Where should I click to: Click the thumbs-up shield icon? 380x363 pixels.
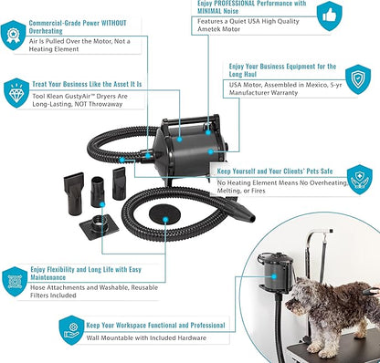[x=330, y=16]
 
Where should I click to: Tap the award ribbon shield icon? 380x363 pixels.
[x=13, y=35]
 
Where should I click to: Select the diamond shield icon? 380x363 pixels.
[x=16, y=93]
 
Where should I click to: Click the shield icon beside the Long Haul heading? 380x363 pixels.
[x=358, y=79]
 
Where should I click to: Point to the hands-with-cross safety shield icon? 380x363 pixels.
[x=360, y=180]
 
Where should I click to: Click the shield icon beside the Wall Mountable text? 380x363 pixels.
[x=71, y=330]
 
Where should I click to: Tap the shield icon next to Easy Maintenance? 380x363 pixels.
[x=15, y=282]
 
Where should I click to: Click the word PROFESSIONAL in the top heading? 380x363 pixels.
[x=231, y=4]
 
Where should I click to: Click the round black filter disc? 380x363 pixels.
[x=164, y=214]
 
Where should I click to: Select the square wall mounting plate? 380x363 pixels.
[x=100, y=226]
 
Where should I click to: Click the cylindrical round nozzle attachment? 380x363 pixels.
[x=98, y=192]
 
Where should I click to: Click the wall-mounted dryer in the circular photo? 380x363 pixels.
[x=277, y=272]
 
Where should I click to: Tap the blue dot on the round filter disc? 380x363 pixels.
[x=165, y=219]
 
